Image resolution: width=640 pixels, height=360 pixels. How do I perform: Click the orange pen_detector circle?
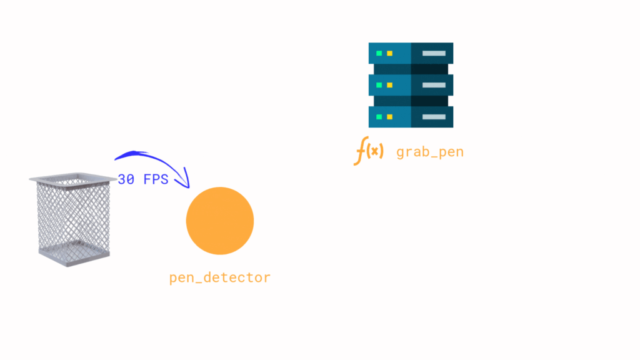pyautogui.click(x=219, y=221)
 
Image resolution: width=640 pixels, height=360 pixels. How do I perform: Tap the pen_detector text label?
pyautogui.click(x=219, y=277)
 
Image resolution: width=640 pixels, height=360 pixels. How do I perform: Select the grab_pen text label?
pyautogui.click(x=430, y=152)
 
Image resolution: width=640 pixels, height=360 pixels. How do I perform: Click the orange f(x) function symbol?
pyautogui.click(x=369, y=151)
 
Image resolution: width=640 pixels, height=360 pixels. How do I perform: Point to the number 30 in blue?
pyautogui.click(x=126, y=179)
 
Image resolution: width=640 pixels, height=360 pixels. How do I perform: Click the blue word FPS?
pyautogui.click(x=156, y=179)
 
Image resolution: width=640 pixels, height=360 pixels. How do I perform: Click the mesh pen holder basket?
pyautogui.click(x=72, y=219)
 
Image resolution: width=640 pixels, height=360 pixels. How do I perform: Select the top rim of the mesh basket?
pyautogui.click(x=72, y=179)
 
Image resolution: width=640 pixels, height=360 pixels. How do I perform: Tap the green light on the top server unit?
pyautogui.click(x=379, y=54)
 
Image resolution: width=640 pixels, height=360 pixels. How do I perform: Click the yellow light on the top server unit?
pyautogui.click(x=390, y=54)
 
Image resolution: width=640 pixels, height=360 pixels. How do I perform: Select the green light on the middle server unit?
pyautogui.click(x=379, y=85)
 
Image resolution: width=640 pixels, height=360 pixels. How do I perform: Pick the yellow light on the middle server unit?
pyautogui.click(x=390, y=85)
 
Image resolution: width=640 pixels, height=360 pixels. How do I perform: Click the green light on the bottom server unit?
pyautogui.click(x=379, y=117)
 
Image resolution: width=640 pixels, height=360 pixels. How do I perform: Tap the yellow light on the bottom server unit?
pyautogui.click(x=390, y=117)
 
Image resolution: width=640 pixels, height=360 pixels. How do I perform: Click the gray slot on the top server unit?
pyautogui.click(x=434, y=54)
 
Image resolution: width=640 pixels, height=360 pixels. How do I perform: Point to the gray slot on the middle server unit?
pyautogui.click(x=434, y=85)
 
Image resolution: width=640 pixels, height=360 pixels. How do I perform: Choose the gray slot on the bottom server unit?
pyautogui.click(x=434, y=117)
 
